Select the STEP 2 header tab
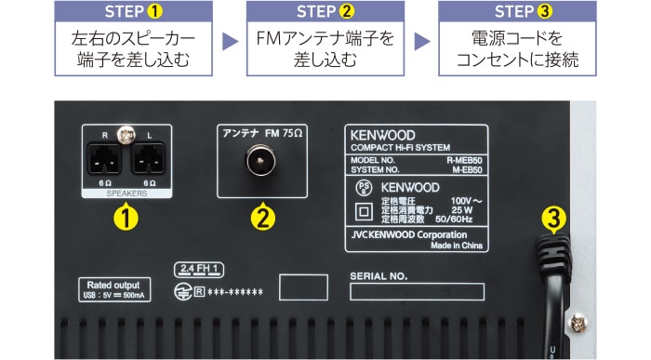[325, 12]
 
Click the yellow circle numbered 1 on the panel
[126, 220]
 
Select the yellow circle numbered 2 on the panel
[263, 220]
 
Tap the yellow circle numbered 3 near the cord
[554, 220]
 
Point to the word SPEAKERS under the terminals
[127, 193]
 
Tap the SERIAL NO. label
[379, 276]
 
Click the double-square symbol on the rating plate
[365, 210]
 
